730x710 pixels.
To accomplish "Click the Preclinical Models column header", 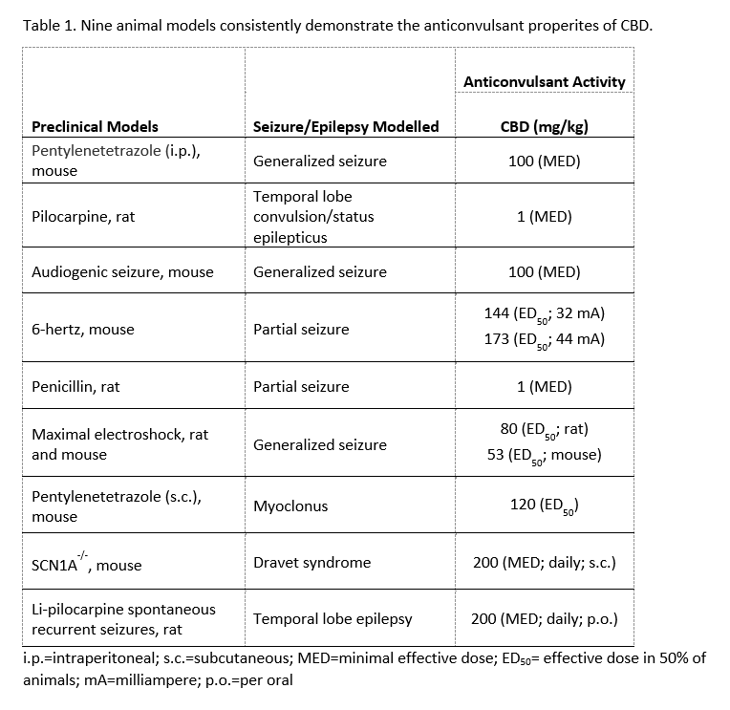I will (x=96, y=126).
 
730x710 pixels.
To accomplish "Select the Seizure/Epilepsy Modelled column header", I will (x=346, y=126).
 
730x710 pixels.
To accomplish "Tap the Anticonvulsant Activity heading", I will (x=544, y=82).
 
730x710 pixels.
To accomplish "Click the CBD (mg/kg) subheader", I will (x=544, y=126).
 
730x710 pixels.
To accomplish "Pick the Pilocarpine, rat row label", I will (x=83, y=217).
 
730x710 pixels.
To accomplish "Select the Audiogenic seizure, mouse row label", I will (x=122, y=272).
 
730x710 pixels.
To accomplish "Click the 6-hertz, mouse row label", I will (x=83, y=330).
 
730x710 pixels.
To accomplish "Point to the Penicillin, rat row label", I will (x=75, y=387).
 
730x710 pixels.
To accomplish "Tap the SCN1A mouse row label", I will (x=86, y=564).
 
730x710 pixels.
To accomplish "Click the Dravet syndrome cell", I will (x=311, y=563).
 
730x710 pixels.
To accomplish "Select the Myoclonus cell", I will (x=290, y=506).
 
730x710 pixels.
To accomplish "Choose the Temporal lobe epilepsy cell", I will (x=333, y=618).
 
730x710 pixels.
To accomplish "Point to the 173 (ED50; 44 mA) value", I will (x=544, y=340).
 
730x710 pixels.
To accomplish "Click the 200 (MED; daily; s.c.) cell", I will (x=544, y=563).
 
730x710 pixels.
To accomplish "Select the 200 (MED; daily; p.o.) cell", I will (x=544, y=618).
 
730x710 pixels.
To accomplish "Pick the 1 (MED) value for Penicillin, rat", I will (x=544, y=387).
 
